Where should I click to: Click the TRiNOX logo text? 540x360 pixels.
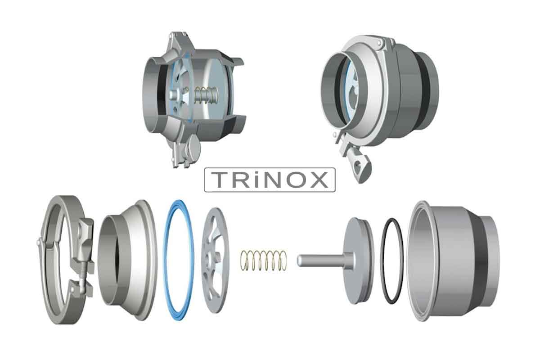pyautogui.click(x=270, y=180)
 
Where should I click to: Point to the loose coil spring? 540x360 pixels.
pyautogui.click(x=264, y=261)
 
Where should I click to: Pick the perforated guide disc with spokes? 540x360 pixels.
pyautogui.click(x=215, y=261)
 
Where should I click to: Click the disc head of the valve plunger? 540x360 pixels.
pyautogui.click(x=358, y=261)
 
